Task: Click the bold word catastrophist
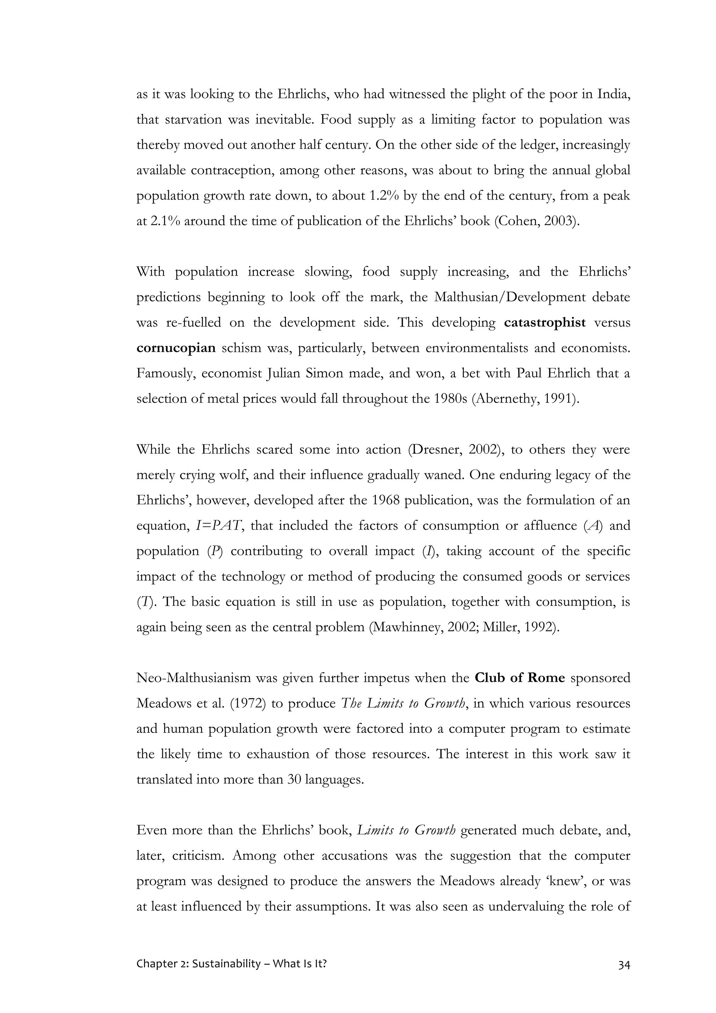544,323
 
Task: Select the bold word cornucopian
176,348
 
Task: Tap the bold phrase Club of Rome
520,678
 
